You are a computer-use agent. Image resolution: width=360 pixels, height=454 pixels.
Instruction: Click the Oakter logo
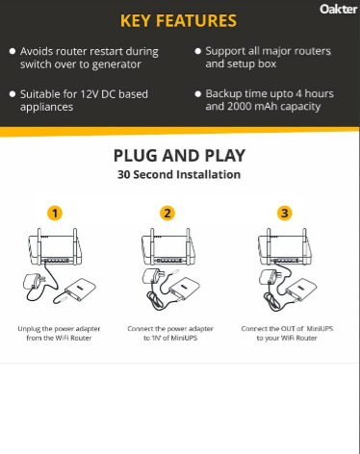click(338, 9)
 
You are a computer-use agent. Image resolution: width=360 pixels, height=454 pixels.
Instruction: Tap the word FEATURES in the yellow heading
click(196, 21)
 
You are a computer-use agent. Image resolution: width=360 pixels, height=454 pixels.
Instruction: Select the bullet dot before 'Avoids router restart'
click(13, 51)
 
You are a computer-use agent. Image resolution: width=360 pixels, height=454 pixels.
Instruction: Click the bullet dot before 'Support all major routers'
click(198, 51)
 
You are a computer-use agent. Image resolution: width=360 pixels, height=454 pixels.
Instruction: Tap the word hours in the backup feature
click(319, 93)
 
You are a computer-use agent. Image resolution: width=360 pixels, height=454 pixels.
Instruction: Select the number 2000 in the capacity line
click(240, 107)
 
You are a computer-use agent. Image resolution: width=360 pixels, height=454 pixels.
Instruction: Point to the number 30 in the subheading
click(124, 175)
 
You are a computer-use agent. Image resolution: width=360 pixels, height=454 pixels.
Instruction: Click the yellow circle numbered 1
click(55, 213)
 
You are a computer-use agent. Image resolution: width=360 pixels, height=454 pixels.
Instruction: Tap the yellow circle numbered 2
click(167, 213)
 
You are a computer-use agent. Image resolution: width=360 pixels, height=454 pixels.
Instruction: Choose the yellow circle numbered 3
click(285, 213)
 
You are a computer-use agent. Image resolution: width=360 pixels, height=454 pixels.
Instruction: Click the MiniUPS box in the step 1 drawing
click(81, 290)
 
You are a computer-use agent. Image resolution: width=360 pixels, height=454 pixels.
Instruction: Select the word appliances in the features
click(46, 108)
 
